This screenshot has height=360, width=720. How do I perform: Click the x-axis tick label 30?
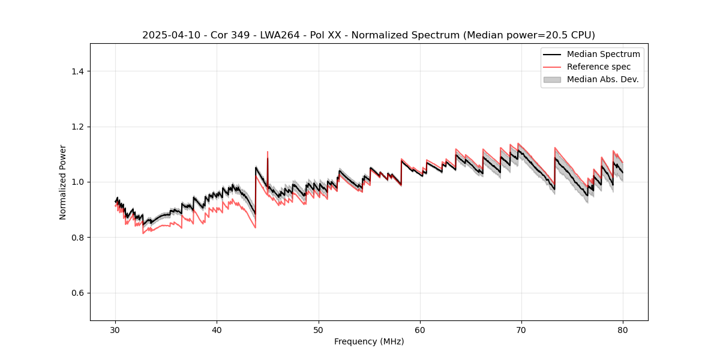(115, 329)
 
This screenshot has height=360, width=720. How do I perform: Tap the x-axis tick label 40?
(217, 329)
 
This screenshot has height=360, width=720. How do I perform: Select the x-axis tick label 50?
(319, 329)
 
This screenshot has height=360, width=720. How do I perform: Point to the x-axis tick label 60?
(420, 329)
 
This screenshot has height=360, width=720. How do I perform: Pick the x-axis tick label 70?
(521, 329)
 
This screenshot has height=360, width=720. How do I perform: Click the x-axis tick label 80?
(623, 329)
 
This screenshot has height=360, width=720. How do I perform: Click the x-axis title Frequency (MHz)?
(369, 341)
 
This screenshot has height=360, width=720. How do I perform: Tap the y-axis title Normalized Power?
(63, 182)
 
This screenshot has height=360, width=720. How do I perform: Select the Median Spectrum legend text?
(603, 55)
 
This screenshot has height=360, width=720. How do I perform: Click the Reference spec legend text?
(599, 67)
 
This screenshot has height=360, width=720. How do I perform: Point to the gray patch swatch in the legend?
(552, 79)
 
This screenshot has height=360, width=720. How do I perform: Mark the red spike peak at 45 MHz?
(268, 152)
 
